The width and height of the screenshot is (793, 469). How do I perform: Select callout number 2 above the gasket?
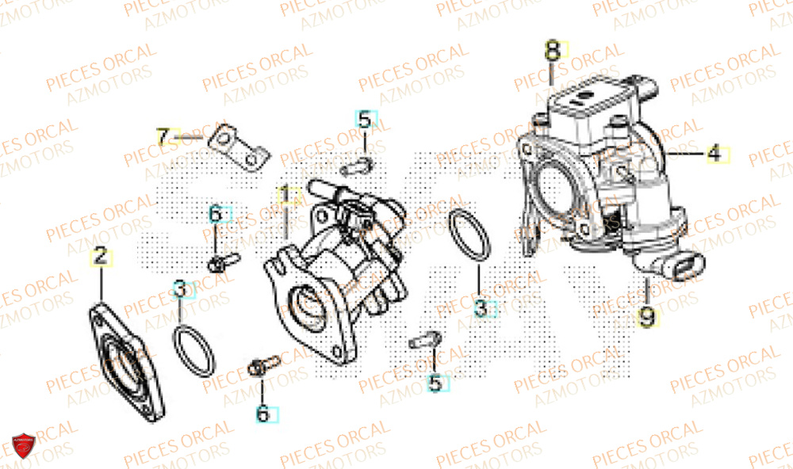[100, 256]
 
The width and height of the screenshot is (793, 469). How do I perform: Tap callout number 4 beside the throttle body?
[716, 153]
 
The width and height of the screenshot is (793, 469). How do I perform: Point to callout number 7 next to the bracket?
[163, 137]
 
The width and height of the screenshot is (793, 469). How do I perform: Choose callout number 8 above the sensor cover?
[552, 51]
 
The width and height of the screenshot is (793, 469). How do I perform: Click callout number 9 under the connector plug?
[648, 318]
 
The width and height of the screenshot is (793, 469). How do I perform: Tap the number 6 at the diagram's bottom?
[262, 413]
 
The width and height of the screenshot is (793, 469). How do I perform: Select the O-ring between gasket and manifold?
[193, 352]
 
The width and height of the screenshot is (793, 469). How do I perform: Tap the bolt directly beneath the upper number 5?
[359, 166]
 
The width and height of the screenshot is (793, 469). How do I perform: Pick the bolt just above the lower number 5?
[423, 342]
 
